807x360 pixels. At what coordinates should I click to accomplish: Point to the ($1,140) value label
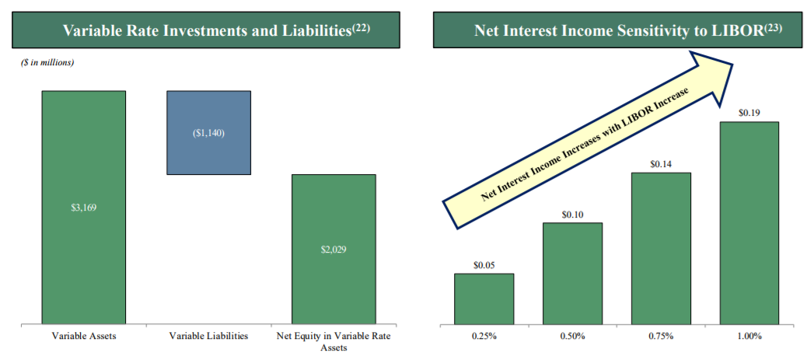[208, 133]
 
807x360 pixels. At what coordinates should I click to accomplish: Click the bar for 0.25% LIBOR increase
[484, 299]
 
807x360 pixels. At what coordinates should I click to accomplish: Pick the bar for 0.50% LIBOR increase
[572, 273]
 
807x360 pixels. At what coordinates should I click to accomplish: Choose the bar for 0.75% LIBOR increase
[661, 248]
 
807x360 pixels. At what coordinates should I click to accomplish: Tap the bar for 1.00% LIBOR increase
[749, 222]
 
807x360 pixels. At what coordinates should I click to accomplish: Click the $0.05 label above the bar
[484, 265]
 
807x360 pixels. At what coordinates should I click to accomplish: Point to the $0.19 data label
[749, 113]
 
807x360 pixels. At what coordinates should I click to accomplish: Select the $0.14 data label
[661, 164]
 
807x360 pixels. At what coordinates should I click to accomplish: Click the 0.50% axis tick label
[572, 337]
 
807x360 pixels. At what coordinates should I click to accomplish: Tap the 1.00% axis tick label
[749, 337]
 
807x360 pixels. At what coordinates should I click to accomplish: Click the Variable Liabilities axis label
[208, 337]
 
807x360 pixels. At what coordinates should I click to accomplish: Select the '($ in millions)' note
[47, 62]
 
